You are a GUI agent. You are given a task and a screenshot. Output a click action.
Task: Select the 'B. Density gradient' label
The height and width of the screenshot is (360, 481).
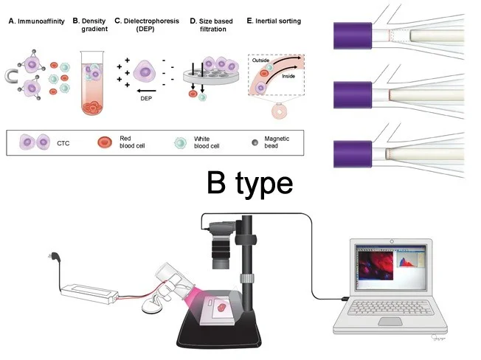[92, 26]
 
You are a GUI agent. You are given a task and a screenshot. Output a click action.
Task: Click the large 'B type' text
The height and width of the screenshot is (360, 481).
[249, 184]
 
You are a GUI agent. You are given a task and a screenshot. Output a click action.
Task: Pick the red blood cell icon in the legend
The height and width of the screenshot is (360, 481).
[105, 140]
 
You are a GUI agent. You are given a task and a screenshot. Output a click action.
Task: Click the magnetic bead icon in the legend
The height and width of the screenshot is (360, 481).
[257, 140]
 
